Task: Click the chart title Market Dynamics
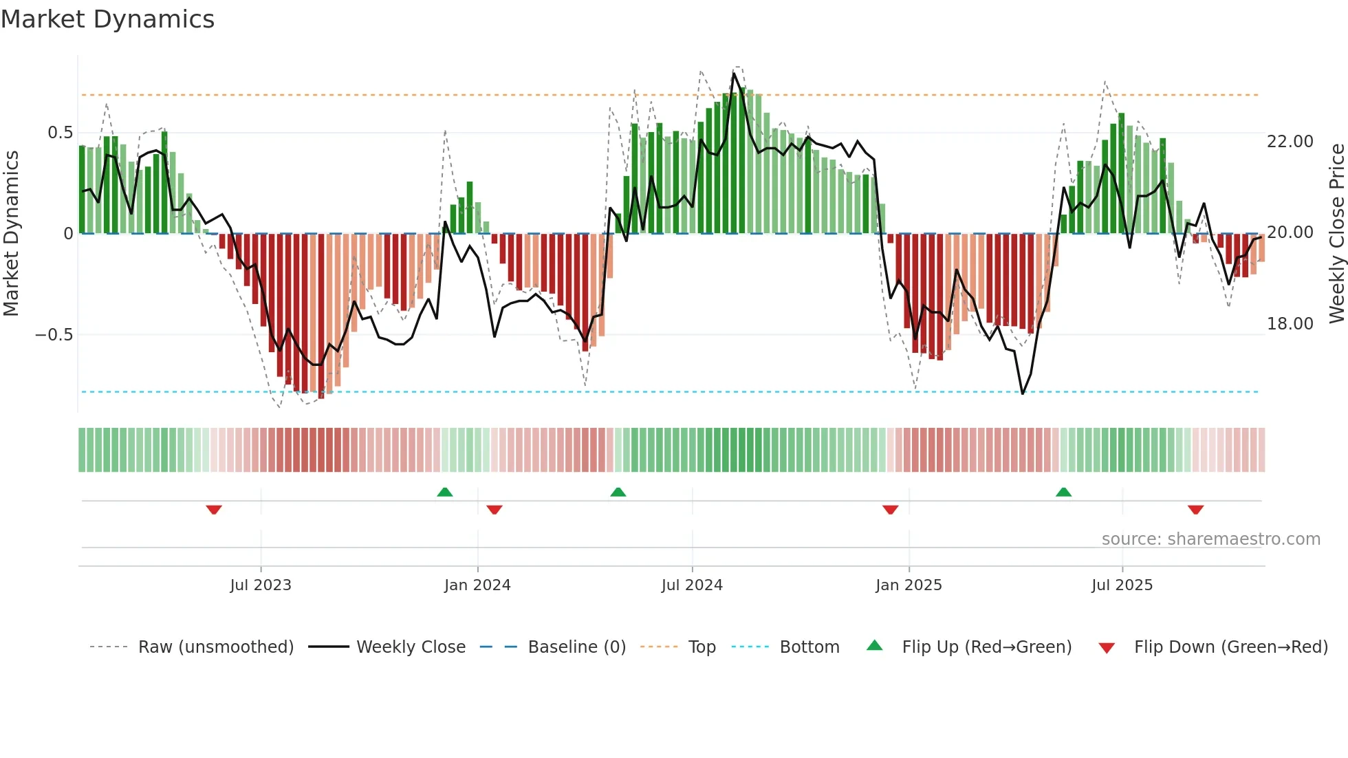[107, 19]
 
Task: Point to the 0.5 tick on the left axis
[60, 133]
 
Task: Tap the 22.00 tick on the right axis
[1290, 142]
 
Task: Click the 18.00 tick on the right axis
[1290, 324]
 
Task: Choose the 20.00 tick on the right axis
[1290, 232]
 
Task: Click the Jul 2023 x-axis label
[261, 585]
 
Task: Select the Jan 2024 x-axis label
[477, 585]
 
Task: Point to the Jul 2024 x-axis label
[692, 585]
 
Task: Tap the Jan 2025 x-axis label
[909, 585]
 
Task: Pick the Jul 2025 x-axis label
[1122, 585]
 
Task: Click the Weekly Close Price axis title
[1336, 233]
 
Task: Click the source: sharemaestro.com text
[1210, 539]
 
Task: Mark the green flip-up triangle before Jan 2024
[445, 492]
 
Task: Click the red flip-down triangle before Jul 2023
[214, 510]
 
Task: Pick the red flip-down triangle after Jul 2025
[1195, 510]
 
